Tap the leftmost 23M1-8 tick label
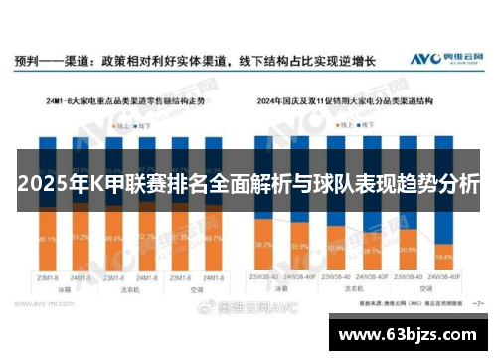pos(46,276)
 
